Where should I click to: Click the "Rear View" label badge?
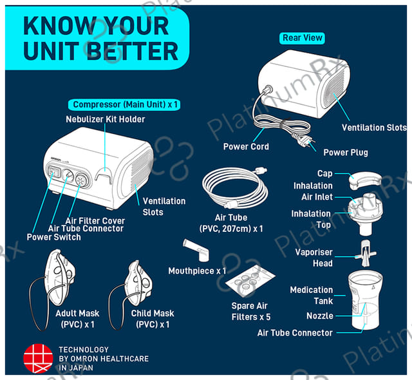pyautogui.click(x=302, y=38)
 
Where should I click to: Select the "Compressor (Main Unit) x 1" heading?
pyautogui.click(x=124, y=104)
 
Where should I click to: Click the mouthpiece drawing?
pyautogui.click(x=196, y=250)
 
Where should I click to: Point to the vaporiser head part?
pyautogui.click(x=366, y=253)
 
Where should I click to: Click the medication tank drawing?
pyautogui.click(x=365, y=299)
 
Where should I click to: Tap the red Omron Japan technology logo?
pyautogui.click(x=38, y=359)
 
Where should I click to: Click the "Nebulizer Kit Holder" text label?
pyautogui.click(x=106, y=119)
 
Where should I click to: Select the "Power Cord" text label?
pyautogui.click(x=246, y=146)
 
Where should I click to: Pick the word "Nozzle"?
pyautogui.click(x=320, y=316)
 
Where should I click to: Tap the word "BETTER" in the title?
pyautogui.click(x=133, y=51)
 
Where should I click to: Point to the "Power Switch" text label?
pyautogui.click(x=54, y=237)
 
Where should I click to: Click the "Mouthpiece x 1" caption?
pyautogui.click(x=197, y=271)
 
